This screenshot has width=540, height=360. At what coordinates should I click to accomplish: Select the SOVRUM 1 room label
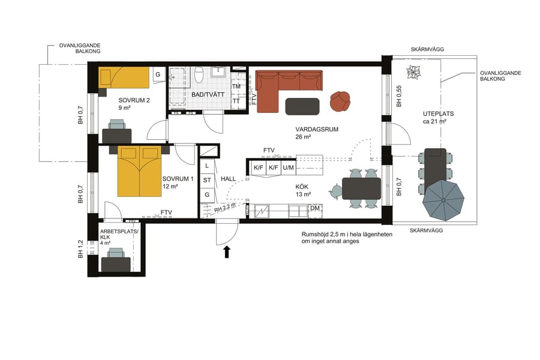(x=178, y=179)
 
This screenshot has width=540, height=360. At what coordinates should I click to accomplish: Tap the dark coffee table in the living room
(x=302, y=106)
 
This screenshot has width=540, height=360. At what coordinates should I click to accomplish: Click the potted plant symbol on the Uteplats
(x=413, y=73)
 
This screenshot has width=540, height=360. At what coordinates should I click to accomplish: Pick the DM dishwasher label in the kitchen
(x=314, y=208)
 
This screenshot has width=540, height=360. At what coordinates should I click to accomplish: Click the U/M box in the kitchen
(x=288, y=167)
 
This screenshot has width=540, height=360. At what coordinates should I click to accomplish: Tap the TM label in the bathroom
(x=236, y=87)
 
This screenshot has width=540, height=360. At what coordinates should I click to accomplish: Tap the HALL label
(x=229, y=179)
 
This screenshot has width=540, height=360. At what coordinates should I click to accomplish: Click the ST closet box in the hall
(x=206, y=179)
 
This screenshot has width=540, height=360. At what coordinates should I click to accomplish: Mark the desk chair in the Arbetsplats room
(x=116, y=256)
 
